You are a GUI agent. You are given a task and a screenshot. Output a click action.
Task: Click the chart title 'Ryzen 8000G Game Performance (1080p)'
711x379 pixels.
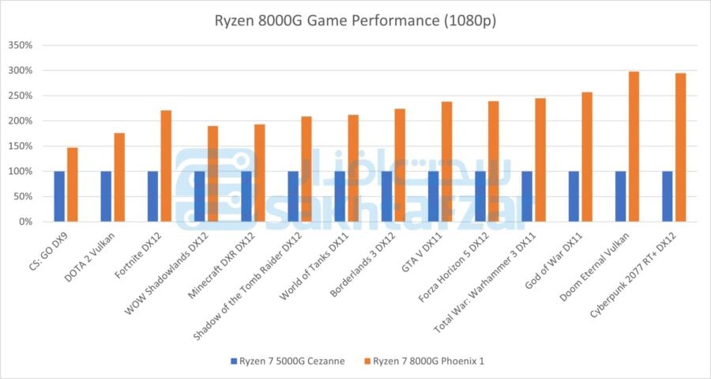[x=355, y=21]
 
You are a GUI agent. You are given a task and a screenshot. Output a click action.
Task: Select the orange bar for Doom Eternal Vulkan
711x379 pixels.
[x=634, y=146]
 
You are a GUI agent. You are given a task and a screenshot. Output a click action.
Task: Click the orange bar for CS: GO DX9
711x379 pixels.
[x=72, y=184]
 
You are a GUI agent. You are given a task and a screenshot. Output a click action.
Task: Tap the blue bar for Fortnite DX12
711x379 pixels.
[x=153, y=196]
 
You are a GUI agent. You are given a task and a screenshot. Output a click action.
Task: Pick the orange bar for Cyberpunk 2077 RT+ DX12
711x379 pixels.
[x=680, y=147]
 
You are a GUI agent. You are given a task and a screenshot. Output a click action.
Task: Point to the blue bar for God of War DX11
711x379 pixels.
[x=574, y=196]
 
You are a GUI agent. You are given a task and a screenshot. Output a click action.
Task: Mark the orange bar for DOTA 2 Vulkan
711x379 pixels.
[x=119, y=177]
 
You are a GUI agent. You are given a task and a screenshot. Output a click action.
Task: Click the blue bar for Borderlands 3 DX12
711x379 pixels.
[x=387, y=196]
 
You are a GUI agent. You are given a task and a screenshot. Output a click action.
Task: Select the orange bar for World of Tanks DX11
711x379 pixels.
[x=353, y=168]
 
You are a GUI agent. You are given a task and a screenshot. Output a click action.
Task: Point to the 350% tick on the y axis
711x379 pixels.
[x=20, y=45]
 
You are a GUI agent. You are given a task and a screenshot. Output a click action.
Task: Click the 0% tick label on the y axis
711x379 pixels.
[x=24, y=222]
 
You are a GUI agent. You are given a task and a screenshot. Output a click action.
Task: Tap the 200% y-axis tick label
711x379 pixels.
[x=20, y=121]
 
